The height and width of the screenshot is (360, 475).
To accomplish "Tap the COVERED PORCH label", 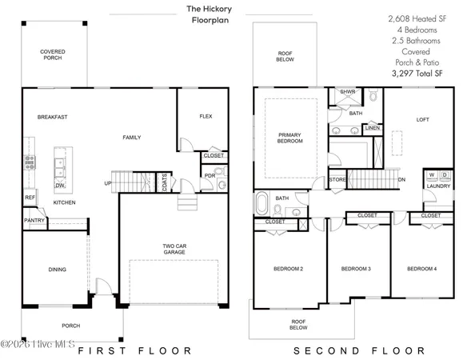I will [54, 54].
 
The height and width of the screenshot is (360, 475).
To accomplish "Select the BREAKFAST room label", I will [52, 118].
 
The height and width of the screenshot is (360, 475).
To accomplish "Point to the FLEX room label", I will [206, 117].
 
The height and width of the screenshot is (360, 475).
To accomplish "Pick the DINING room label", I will [56, 270].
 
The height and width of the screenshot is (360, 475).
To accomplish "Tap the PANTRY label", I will [34, 220].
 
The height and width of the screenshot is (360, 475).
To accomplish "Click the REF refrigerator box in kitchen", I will [30, 197].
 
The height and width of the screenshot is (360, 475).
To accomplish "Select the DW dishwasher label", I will [59, 186].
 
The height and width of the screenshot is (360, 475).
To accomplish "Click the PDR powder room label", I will [210, 176].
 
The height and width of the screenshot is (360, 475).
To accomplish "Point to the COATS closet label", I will [164, 183].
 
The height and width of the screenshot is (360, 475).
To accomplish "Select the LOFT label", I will [423, 120].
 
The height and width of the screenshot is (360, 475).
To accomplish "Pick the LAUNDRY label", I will [437, 186].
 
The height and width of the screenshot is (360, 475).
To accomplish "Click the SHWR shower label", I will [347, 92].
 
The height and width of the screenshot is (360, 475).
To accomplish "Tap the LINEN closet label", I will [372, 127].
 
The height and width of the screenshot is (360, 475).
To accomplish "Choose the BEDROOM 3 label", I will [357, 270].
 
